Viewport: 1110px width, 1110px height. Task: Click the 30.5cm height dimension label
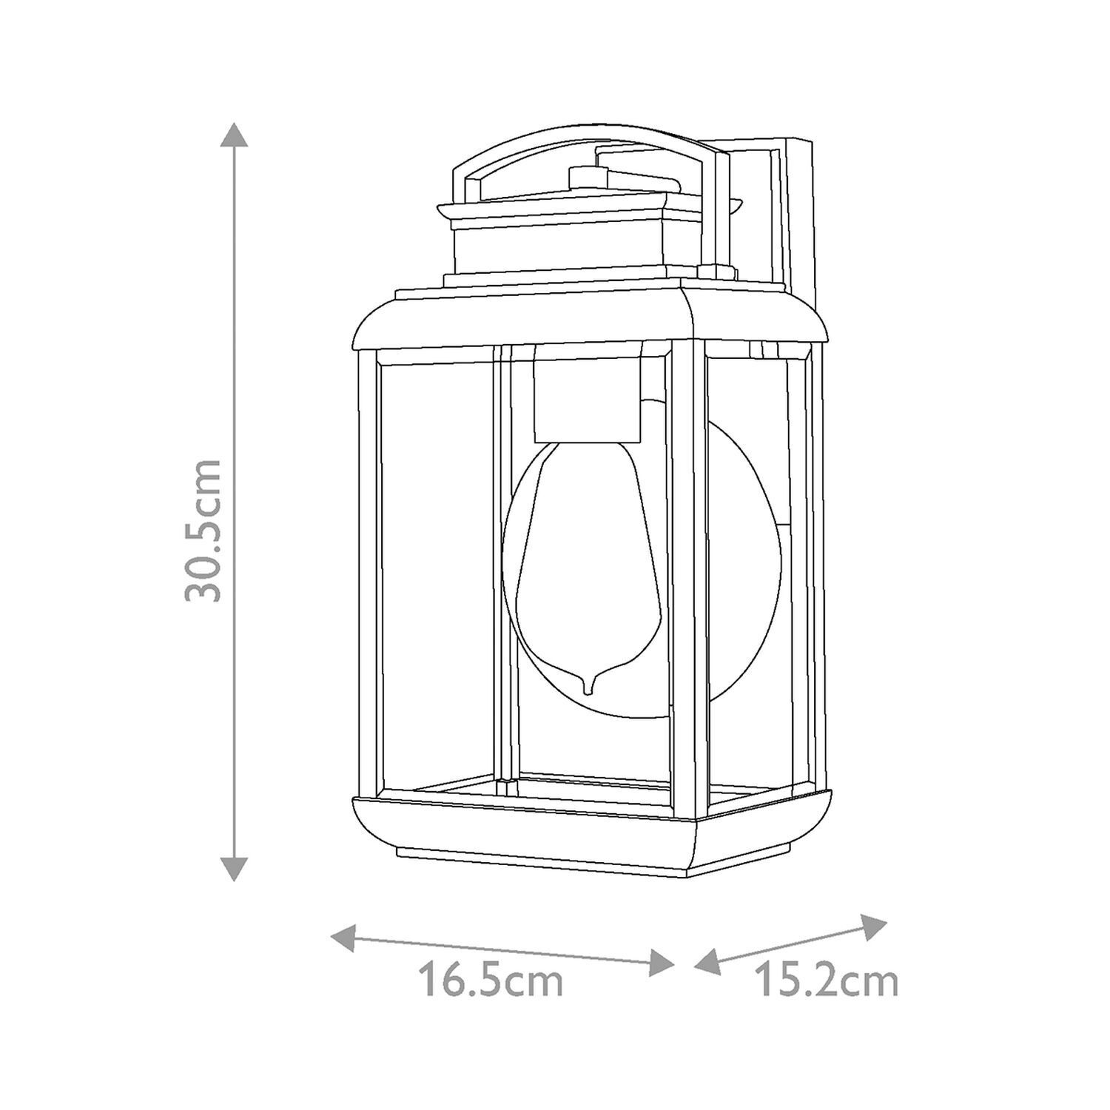[203, 530]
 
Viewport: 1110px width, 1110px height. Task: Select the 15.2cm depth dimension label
[826, 981]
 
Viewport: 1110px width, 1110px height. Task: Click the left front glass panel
[437, 570]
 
